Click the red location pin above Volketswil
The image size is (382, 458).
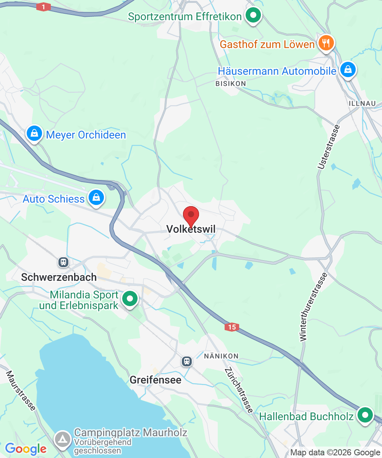(x=191, y=215)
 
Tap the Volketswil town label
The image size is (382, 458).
(x=191, y=229)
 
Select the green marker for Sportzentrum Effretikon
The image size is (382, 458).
(x=253, y=16)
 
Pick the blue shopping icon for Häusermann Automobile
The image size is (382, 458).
(x=348, y=70)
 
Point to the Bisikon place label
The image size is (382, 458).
(x=231, y=83)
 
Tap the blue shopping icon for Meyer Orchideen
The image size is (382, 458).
(x=34, y=134)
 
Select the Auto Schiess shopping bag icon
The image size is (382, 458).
(x=96, y=198)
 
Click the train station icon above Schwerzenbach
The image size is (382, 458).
(x=63, y=262)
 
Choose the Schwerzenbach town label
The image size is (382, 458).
(x=59, y=277)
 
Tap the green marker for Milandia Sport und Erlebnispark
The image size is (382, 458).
(x=130, y=298)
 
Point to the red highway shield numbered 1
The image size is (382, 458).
(x=44, y=7)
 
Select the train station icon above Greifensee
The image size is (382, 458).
(x=187, y=361)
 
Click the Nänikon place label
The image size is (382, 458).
(x=221, y=356)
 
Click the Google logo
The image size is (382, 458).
(x=26, y=449)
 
